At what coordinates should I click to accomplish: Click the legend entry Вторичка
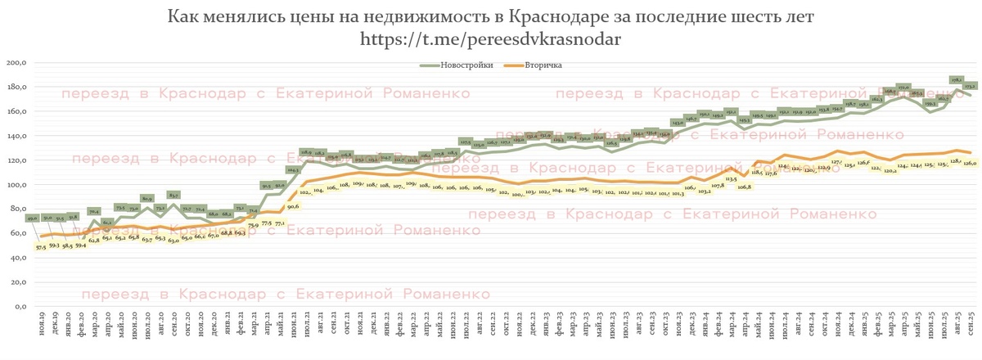click(539, 65)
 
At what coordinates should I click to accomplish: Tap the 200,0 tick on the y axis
click(16, 63)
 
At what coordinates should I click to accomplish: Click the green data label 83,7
click(173, 196)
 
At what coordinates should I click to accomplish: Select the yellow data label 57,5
click(39, 245)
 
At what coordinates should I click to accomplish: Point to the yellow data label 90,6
click(294, 207)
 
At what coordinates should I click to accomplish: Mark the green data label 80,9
click(146, 198)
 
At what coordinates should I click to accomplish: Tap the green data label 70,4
click(93, 211)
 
